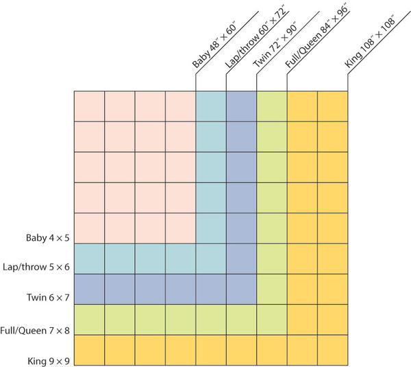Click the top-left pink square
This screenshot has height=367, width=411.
[88, 106]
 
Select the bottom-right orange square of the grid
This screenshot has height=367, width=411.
[334, 350]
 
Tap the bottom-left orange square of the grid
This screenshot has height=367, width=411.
[88, 350]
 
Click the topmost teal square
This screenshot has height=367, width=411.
[211, 106]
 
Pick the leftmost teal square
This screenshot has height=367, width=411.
[88, 259]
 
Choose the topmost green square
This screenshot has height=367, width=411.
[272, 106]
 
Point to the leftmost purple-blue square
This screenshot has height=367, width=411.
[88, 289]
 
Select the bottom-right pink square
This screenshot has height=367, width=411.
[180, 228]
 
